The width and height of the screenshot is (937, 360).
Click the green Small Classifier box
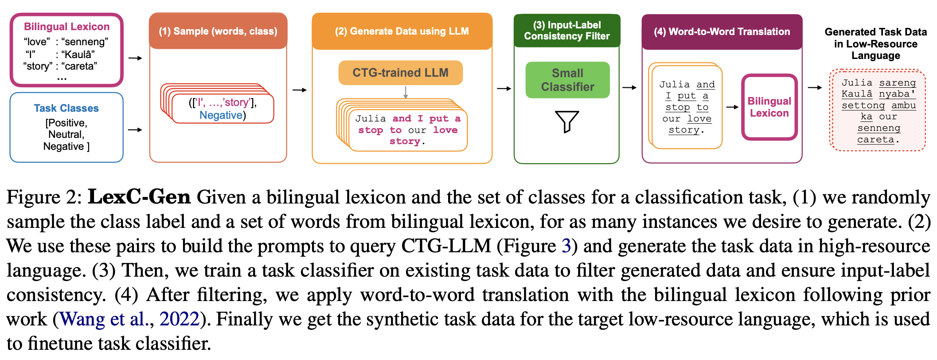[567, 80]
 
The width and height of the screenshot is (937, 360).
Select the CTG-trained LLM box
[400, 73]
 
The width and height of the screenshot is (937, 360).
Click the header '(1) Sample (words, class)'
[218, 31]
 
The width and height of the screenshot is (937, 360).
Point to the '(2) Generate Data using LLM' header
[402, 31]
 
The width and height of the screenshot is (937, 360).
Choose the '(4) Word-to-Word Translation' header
[722, 32]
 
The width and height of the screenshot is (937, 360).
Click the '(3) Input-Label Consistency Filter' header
[566, 31]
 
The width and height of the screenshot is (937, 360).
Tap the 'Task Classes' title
[66, 108]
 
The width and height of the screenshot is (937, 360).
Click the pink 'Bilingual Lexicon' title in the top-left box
[66, 27]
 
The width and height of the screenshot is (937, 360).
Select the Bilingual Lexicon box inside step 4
[769, 107]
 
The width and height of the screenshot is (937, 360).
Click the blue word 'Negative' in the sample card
[221, 115]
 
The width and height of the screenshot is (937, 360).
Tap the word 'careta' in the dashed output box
[875, 140]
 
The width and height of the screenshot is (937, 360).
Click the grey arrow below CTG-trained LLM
[405, 92]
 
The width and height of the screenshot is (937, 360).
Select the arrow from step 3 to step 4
[629, 88]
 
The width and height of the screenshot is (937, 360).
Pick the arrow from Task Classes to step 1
[135, 130]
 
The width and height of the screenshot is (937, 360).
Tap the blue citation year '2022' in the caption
[179, 319]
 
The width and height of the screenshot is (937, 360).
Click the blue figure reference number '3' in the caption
[566, 246]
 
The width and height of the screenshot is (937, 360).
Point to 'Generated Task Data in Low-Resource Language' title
[875, 44]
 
